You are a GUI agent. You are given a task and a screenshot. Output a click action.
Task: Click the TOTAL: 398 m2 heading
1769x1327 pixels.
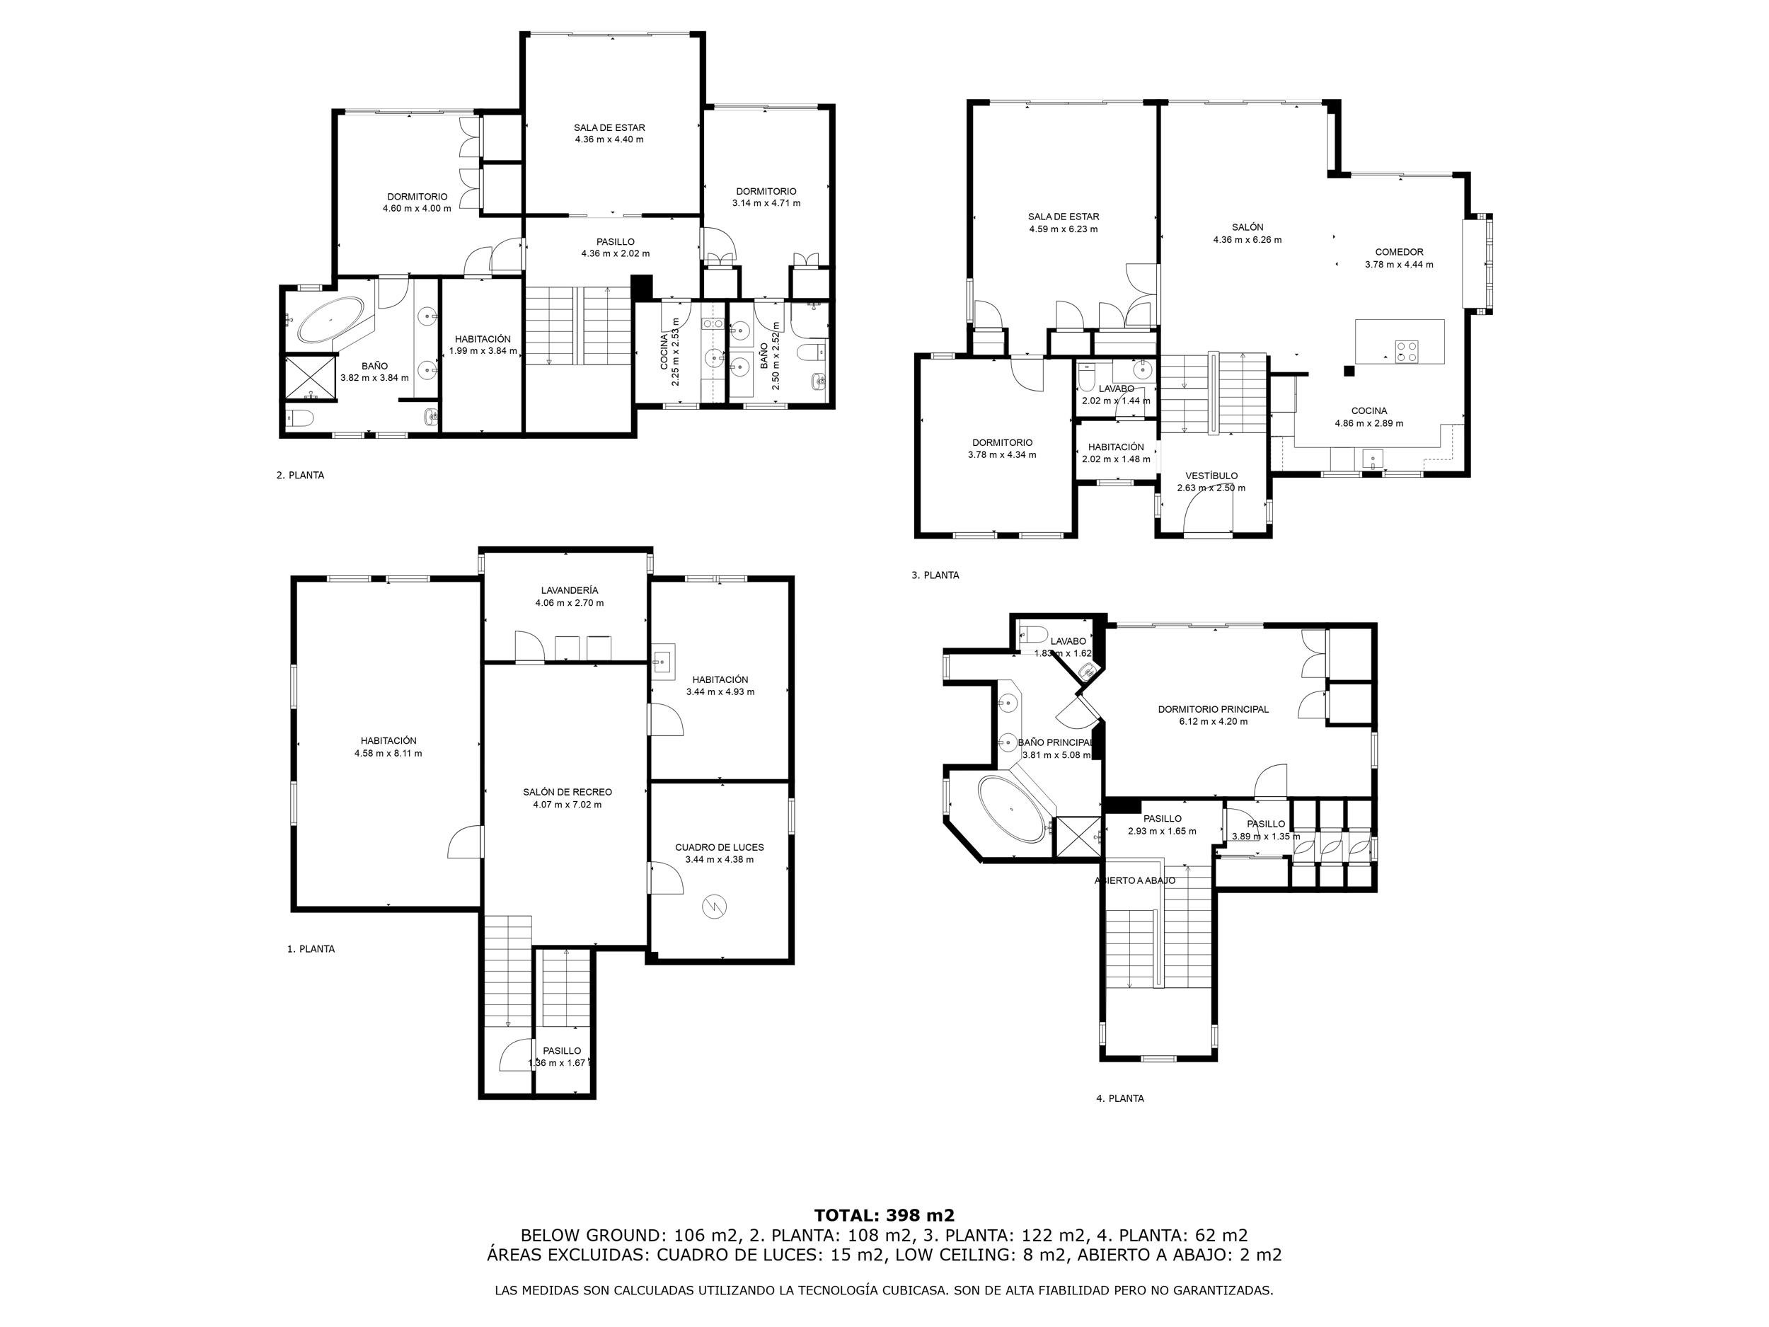[x=884, y=1216]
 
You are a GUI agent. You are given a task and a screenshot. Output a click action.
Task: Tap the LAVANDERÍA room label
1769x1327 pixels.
[x=569, y=590]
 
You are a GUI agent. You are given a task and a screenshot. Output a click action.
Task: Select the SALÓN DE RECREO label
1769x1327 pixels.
[x=567, y=792]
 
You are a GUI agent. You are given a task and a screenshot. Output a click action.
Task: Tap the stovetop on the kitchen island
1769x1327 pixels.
[x=1407, y=351]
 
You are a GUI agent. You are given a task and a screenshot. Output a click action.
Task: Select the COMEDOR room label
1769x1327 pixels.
[x=1399, y=252]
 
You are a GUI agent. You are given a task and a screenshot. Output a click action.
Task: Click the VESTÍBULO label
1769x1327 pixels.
[x=1211, y=476]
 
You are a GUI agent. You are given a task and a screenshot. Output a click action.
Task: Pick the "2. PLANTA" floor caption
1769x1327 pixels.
[x=300, y=475]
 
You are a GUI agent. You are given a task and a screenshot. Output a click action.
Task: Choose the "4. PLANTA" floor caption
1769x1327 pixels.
[x=1119, y=1098]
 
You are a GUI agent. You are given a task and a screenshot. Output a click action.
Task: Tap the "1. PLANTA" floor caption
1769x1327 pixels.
[x=311, y=950]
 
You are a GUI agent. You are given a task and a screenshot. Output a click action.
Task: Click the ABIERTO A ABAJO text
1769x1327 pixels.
[x=1135, y=880]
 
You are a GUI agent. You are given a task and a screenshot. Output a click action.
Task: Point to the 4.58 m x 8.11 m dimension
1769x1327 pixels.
[x=388, y=754]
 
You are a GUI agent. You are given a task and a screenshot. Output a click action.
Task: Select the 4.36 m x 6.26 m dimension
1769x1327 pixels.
[x=1247, y=239]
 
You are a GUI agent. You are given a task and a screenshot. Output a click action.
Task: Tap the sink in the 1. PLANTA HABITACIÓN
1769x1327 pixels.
[x=663, y=661]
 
